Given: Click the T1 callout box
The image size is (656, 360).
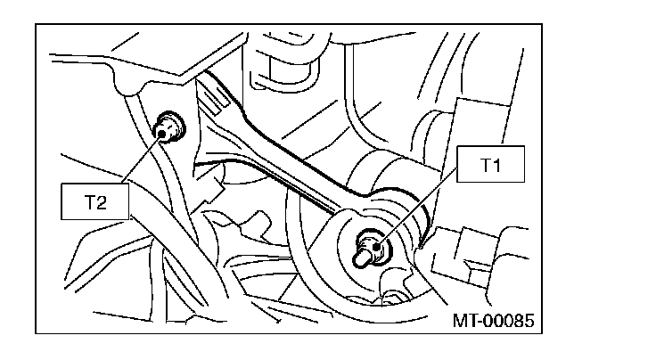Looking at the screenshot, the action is pyautogui.click(x=487, y=168).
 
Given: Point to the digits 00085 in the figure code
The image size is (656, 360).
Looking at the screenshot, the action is pyautogui.click(x=512, y=319).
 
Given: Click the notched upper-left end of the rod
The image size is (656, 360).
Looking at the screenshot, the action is pyautogui.click(x=210, y=94).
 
